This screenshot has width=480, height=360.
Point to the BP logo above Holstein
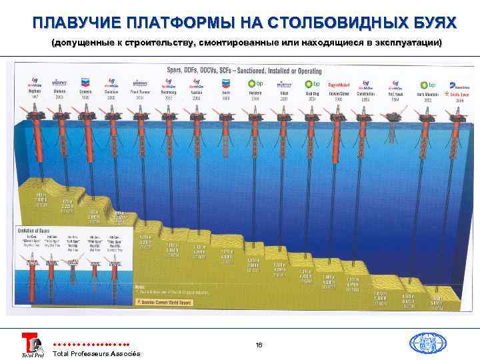pyautogui.click(x=255, y=84)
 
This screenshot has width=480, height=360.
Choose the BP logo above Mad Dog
pyautogui.click(x=309, y=84)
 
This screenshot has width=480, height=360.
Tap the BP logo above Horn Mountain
pyautogui.click(x=427, y=85)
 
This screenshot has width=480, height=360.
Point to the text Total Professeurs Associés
pyautogui.click(x=96, y=353)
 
